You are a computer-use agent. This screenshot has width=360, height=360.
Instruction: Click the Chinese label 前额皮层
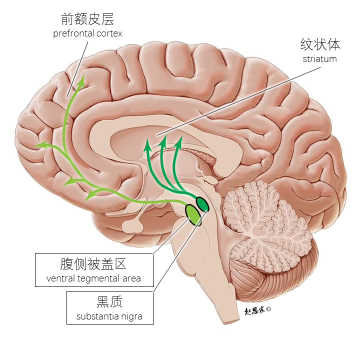point(87,19)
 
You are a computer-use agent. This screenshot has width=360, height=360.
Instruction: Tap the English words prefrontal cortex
point(87,33)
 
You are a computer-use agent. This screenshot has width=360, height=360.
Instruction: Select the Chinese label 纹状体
point(320,44)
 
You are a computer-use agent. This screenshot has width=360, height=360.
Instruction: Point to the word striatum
point(319,58)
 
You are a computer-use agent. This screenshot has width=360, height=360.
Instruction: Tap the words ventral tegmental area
point(93,278)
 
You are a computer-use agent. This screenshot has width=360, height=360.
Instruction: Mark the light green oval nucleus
point(193,213)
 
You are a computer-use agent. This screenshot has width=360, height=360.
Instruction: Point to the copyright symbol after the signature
point(268,309)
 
